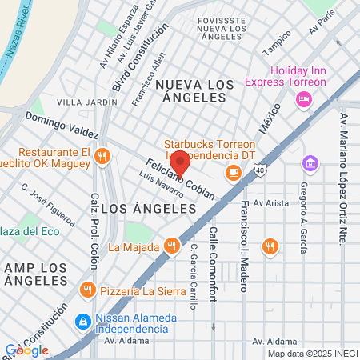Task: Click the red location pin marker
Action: [180, 163]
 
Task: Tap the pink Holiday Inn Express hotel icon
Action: [303, 98]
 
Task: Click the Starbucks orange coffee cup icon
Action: [233, 170]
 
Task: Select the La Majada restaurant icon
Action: [170, 246]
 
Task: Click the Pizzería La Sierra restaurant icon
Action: [86, 289]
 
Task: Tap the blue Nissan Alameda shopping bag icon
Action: [82, 322]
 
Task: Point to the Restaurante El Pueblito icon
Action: [101, 156]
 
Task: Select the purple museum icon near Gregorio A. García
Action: [309, 164]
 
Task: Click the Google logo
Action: [26, 350]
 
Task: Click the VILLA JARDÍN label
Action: [85, 102]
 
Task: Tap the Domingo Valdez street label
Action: [61, 125]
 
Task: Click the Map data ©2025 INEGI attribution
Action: [312, 354]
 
